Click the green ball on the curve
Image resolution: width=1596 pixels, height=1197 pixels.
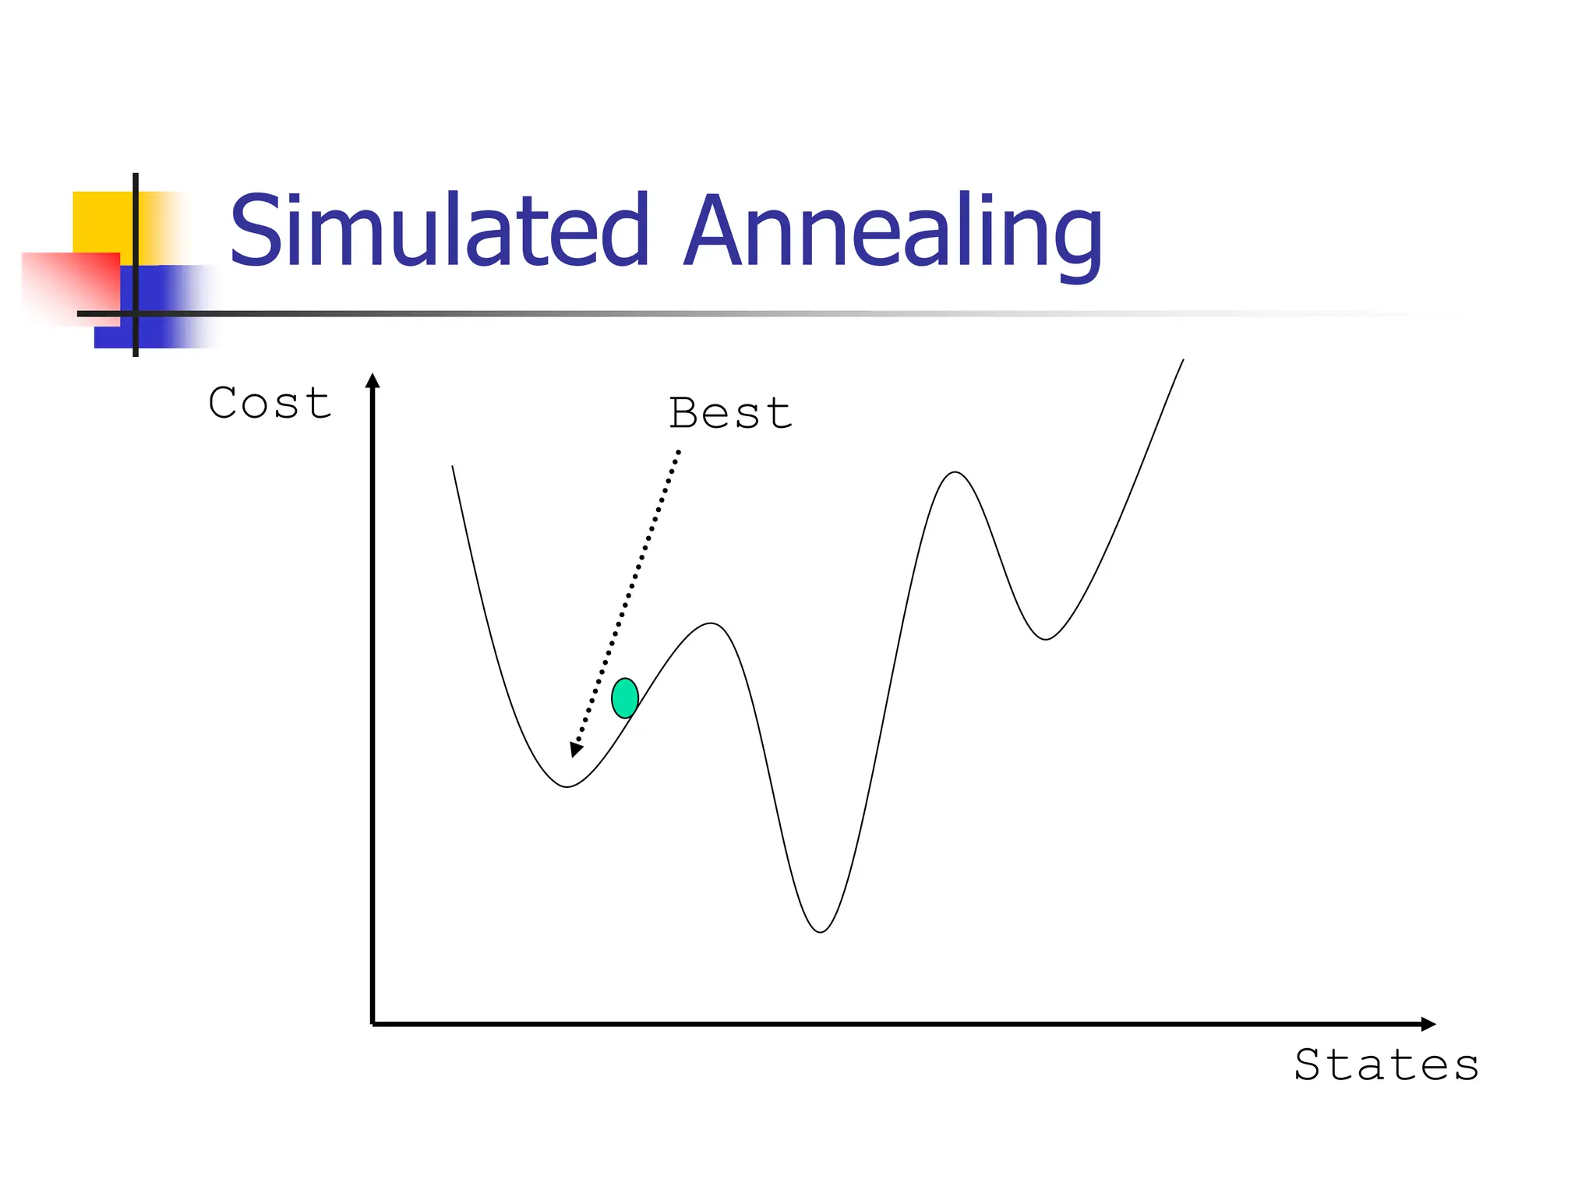[x=625, y=698]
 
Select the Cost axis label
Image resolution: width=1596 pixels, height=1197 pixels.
[x=270, y=404]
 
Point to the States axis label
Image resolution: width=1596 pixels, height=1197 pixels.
[x=1386, y=1065]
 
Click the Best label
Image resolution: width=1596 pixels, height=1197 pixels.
[x=730, y=413]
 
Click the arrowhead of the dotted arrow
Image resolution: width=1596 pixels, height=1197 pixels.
[x=576, y=749]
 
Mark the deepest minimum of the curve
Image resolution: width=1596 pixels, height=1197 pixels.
[x=821, y=931]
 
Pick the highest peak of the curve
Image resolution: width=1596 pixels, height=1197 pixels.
[x=955, y=472]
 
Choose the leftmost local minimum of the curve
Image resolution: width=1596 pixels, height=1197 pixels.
[x=567, y=786]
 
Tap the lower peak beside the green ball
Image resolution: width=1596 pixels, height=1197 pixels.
[x=711, y=623]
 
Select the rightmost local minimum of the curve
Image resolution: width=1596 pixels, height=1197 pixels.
[x=1046, y=639]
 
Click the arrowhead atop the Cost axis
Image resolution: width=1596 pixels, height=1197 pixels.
[x=373, y=381]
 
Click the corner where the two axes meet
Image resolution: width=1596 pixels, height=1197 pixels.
[x=373, y=1024]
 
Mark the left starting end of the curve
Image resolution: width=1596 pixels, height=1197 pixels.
[x=453, y=467]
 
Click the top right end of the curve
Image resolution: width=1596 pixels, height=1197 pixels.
[x=1183, y=360]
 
